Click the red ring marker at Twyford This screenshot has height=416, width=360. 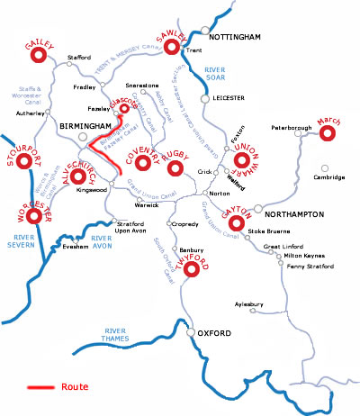coord(190,267)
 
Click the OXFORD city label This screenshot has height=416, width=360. coord(214,334)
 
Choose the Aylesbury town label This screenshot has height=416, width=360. coord(247,305)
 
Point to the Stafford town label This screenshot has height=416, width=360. coord(79,58)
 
